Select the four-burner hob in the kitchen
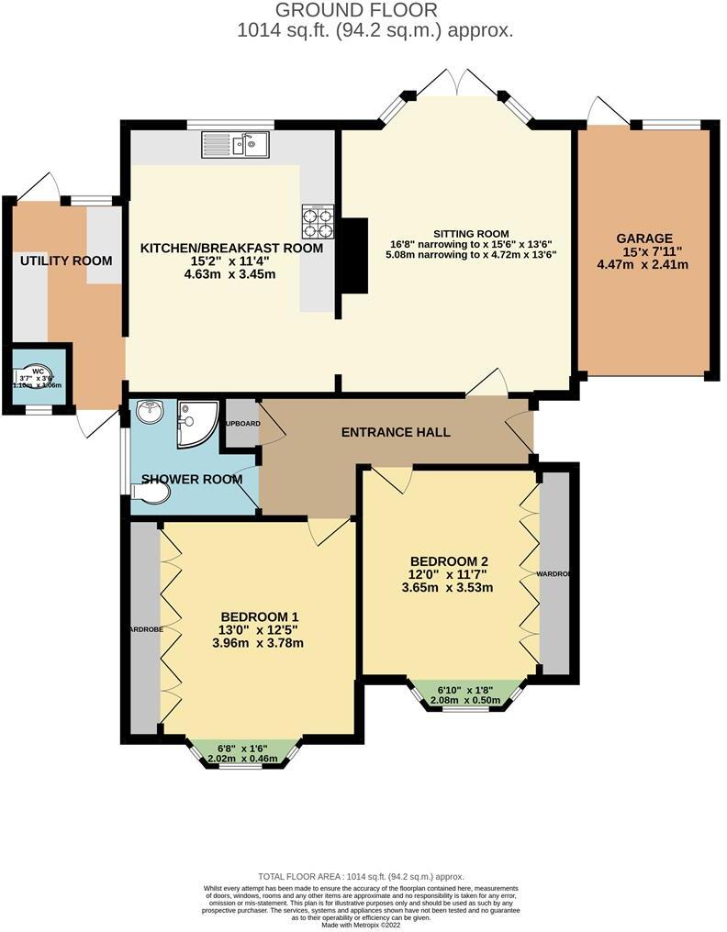tap(317, 220)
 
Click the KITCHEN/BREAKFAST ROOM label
tap(231, 248)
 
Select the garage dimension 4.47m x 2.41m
tap(643, 264)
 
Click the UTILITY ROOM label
tap(66, 261)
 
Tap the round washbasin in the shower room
tap(150, 414)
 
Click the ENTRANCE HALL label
tap(396, 431)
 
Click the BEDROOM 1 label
tap(258, 616)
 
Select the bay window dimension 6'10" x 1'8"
tap(468, 689)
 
